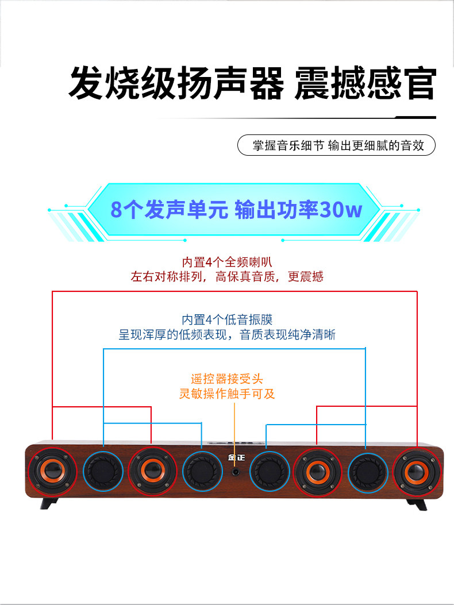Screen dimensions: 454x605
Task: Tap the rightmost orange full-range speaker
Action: point(416,471)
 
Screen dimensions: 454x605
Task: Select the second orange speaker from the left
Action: point(151,471)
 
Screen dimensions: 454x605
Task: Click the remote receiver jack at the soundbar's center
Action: point(236,472)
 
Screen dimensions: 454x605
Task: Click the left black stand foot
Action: point(49,504)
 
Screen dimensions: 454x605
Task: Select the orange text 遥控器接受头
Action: point(227,379)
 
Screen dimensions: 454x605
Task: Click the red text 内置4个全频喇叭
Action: point(227,262)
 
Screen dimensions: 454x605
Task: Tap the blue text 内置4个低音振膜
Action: point(227,319)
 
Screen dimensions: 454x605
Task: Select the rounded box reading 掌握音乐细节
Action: point(336,145)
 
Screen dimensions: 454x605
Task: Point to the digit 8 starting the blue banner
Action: point(117,210)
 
